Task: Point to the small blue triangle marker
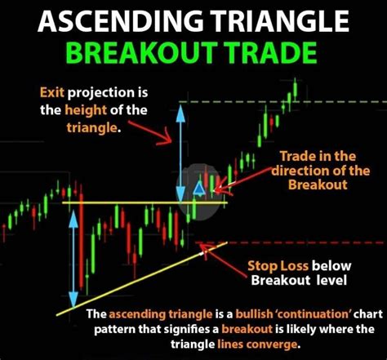(198, 189)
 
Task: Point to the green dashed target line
(343, 100)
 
